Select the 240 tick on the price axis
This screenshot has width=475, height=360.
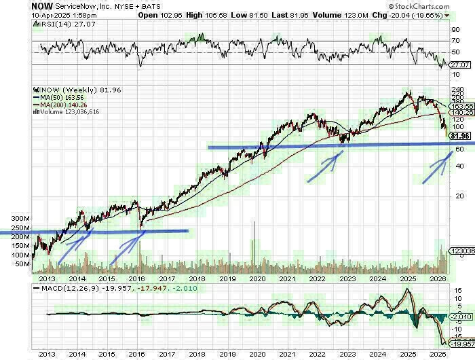(x=458, y=90)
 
